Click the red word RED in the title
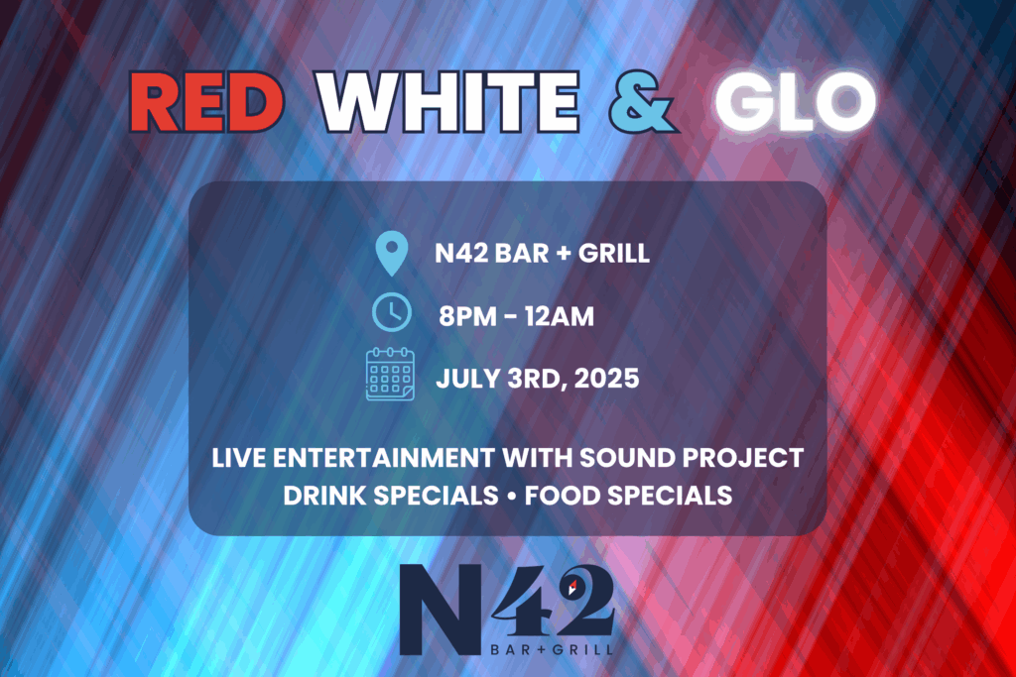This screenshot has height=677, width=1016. (207, 102)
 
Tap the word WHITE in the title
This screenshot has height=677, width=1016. (447, 102)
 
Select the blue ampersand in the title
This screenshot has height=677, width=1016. (642, 102)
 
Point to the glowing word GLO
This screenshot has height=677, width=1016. (796, 102)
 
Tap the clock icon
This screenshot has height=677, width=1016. (391, 312)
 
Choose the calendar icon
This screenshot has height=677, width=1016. (390, 374)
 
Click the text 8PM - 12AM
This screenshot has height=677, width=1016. (516, 316)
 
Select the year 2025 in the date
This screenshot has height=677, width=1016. (607, 379)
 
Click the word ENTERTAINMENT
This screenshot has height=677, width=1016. (384, 458)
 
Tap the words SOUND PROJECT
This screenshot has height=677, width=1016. (692, 458)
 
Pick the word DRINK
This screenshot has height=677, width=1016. (324, 496)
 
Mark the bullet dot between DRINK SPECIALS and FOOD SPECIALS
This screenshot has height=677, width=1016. (511, 497)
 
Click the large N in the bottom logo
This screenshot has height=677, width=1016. (441, 609)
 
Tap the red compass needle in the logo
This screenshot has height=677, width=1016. (572, 587)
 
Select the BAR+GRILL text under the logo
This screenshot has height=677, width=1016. (552, 649)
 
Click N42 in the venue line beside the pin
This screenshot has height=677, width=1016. (461, 253)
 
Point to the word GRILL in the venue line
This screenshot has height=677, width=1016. (613, 253)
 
